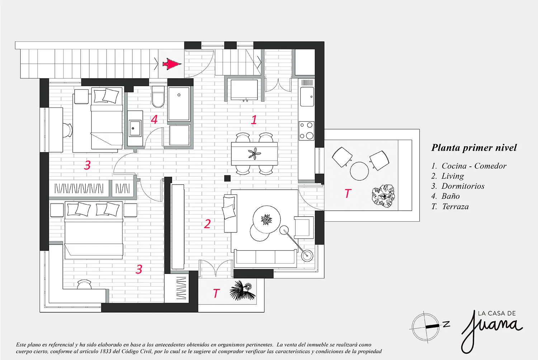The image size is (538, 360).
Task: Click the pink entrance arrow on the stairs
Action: coord(172,64)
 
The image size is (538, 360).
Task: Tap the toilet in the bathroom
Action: coord(158,96)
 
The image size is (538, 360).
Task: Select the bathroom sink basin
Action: coord(135,128)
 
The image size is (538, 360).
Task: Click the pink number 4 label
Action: coord(154,119)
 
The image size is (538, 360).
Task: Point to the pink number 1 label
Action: coord(254,120)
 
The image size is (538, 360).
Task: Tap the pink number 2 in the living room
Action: coord(207,224)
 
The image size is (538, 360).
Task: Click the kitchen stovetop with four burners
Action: coord(306,131)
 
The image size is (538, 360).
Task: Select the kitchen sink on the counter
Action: coord(307,96)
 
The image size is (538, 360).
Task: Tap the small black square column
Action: coord(227,178)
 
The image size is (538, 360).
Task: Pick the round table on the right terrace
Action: coord(359,171)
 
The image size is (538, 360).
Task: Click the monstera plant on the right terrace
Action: coord(383,196)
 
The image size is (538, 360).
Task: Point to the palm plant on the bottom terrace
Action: coord(240,290)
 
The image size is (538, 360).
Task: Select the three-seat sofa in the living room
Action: coord(265,259)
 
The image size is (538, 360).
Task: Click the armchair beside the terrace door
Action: coord(304,227)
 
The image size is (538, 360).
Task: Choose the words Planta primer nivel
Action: coord(474,148)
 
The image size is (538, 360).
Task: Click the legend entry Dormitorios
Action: coord(463,186)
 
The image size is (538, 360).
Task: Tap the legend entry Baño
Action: coord(450,196)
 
